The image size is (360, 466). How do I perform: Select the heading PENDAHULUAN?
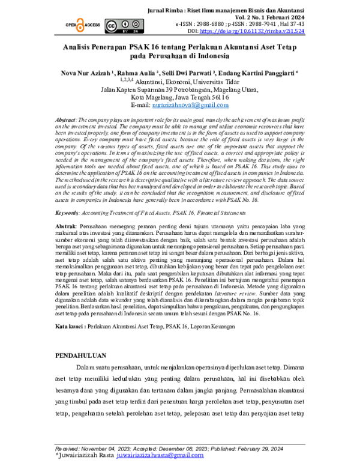pyautogui.click(x=81, y=356)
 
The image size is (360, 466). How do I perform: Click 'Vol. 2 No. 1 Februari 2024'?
pyautogui.click(x=278, y=17)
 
